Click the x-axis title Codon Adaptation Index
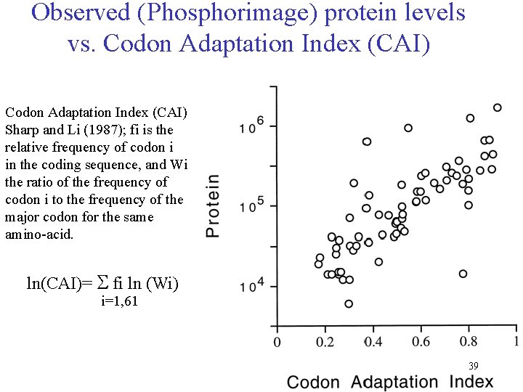[x=389, y=382]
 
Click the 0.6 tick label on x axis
[x=421, y=340]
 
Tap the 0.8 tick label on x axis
[x=469, y=340]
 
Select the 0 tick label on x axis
[x=276, y=340]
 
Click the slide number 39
[x=473, y=366]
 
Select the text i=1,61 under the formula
[x=119, y=301]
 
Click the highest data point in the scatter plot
[x=498, y=107]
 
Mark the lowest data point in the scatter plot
[x=349, y=303]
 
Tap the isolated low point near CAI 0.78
[x=463, y=274]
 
